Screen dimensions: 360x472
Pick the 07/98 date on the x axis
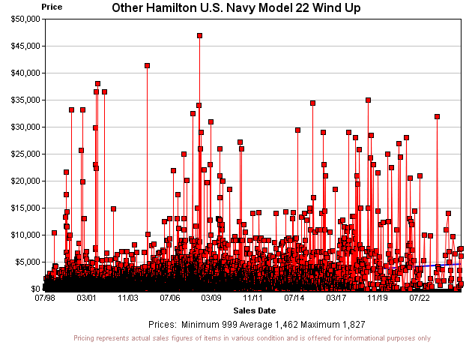tap(45, 298)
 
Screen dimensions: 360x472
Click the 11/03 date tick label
tap(128, 298)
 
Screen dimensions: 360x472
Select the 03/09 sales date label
tap(211, 298)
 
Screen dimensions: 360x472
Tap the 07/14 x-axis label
tap(294, 298)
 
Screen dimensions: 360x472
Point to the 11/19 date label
tap(378, 298)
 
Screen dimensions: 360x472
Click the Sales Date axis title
tap(254, 310)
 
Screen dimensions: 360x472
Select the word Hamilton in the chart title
tap(173, 8)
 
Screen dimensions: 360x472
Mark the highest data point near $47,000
tap(199, 35)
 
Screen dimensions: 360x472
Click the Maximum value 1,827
tap(348, 325)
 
